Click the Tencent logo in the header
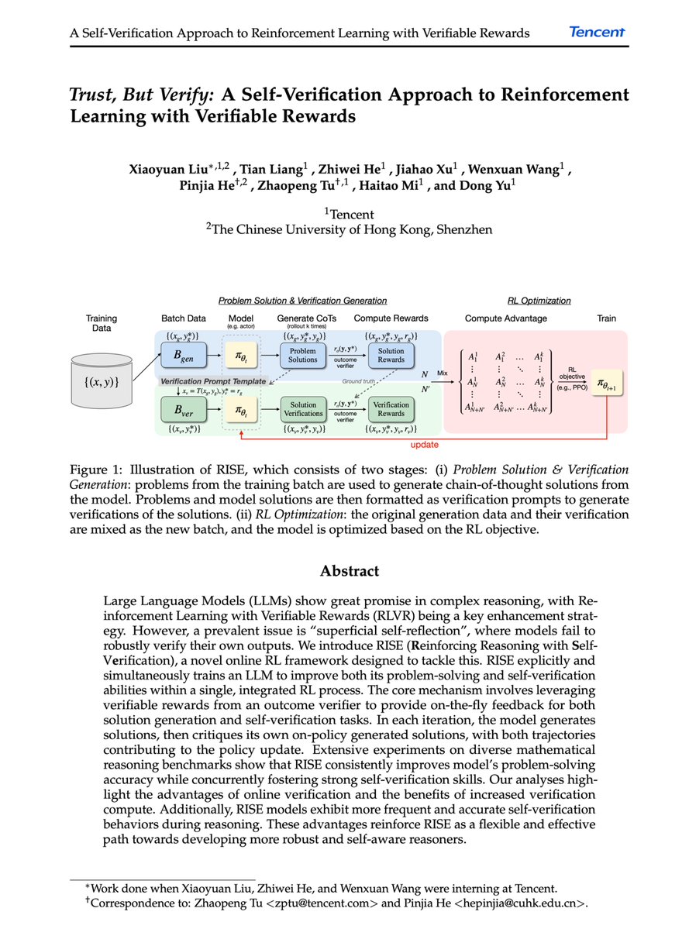(x=597, y=32)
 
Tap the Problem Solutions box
(x=303, y=356)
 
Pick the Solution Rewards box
(x=391, y=356)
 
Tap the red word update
(x=425, y=445)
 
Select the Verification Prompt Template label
(x=214, y=382)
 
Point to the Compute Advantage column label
(x=506, y=318)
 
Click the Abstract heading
(x=350, y=571)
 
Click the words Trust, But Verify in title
(x=143, y=95)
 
